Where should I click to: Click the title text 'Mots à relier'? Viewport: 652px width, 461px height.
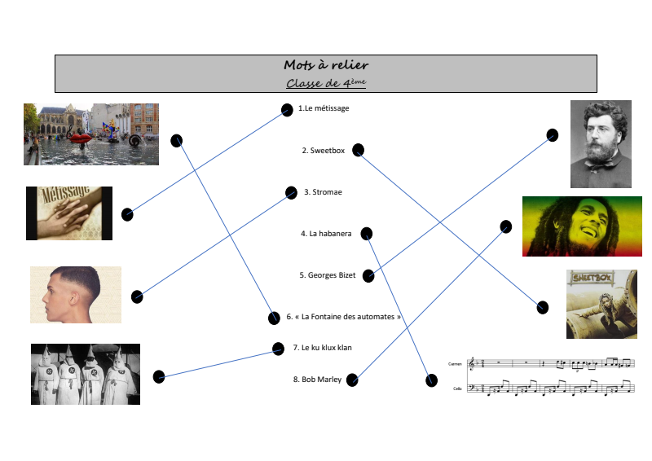tap(326, 65)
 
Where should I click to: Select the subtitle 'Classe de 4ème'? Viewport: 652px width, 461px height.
tap(326, 82)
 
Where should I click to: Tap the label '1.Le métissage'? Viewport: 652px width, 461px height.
tap(324, 108)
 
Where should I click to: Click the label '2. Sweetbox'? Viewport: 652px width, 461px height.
tap(324, 151)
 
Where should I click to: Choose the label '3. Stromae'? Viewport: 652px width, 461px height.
tap(323, 192)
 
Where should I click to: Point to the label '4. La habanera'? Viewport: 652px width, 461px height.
tap(326, 234)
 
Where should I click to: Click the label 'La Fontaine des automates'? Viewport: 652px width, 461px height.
tap(343, 317)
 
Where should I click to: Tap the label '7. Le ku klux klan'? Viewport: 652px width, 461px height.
tap(322, 348)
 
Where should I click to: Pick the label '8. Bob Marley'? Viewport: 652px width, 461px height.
tap(318, 380)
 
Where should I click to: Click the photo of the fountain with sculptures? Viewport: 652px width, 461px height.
tap(91, 134)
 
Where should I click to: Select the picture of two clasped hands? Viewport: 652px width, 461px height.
tap(69, 213)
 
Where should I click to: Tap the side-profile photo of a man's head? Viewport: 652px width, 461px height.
tap(76, 295)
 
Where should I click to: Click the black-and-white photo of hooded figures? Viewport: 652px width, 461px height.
tap(86, 374)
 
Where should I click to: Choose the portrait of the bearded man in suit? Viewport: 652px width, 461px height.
tap(601, 144)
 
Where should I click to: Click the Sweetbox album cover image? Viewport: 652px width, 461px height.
tap(601, 304)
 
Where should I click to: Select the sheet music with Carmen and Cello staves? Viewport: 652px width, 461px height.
tap(542, 375)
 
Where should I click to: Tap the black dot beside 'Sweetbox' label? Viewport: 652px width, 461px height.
tap(358, 150)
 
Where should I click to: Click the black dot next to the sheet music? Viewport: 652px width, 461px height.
tap(431, 380)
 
